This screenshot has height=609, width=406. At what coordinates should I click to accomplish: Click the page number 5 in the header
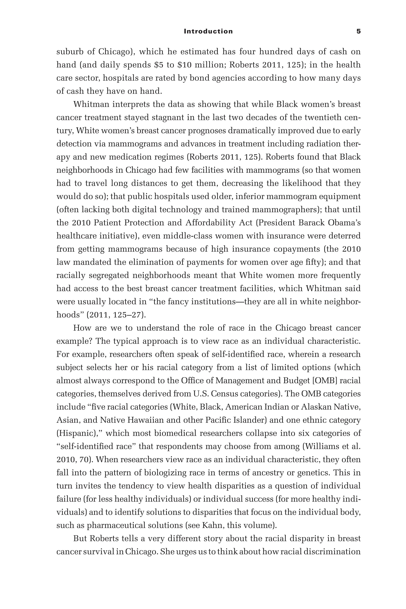[358, 31]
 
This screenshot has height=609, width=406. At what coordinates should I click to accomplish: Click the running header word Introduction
[208, 31]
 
